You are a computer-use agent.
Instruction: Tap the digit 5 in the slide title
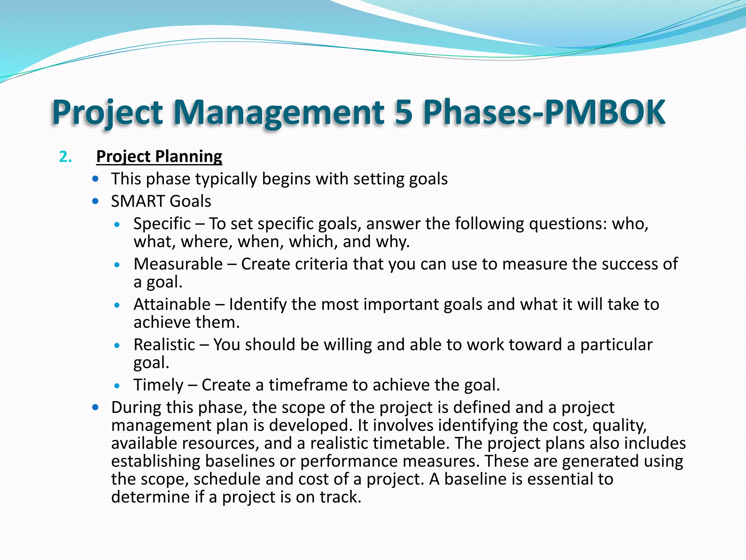[403, 112]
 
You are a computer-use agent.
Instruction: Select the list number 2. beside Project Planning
[65, 157]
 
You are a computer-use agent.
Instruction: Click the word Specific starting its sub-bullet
[162, 223]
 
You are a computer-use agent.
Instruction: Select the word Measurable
[178, 264]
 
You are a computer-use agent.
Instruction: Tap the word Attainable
[172, 304]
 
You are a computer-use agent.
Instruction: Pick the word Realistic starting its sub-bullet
[164, 345]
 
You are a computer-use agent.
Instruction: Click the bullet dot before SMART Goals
[96, 201]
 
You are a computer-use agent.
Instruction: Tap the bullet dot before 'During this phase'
[96, 407]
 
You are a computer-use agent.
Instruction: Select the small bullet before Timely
[117, 385]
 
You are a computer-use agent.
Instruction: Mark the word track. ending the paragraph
[341, 497]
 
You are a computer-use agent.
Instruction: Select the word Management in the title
[279, 112]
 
